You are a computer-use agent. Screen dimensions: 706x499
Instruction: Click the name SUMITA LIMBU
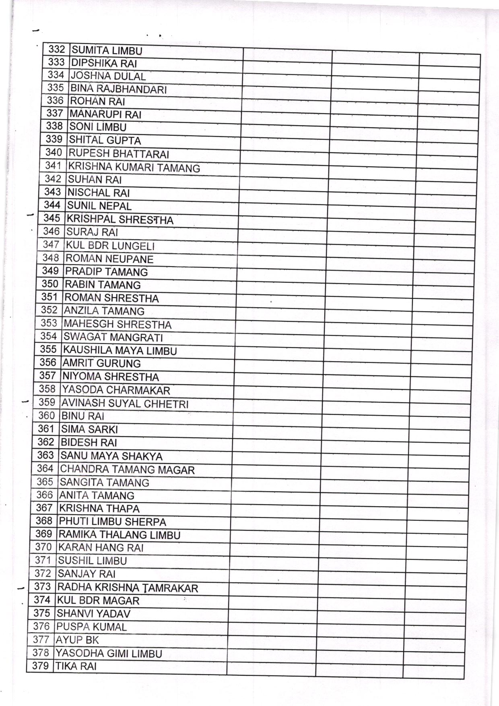pyautogui.click(x=107, y=51)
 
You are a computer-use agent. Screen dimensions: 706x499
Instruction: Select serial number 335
pyautogui.click(x=56, y=87)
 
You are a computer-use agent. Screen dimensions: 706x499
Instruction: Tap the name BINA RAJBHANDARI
pyautogui.click(x=118, y=89)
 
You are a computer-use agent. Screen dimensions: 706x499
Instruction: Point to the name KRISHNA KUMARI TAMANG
pyautogui.click(x=134, y=168)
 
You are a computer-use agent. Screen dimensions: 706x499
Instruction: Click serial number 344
pyautogui.click(x=52, y=205)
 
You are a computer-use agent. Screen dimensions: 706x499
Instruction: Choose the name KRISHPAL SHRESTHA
pyautogui.click(x=120, y=219)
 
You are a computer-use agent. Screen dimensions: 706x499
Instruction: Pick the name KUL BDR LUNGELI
pyautogui.click(x=110, y=246)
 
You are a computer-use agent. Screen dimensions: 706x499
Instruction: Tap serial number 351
pyautogui.click(x=50, y=297)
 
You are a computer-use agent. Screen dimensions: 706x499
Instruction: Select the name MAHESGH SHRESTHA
pyautogui.click(x=118, y=324)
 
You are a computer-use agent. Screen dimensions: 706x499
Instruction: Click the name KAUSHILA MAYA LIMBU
pyautogui.click(x=120, y=350)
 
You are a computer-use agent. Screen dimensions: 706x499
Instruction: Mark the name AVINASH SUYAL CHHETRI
pyautogui.click(x=125, y=404)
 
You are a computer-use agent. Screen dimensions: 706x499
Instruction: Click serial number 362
pyautogui.click(x=45, y=442)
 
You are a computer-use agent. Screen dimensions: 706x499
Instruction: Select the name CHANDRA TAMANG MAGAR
pyautogui.click(x=127, y=470)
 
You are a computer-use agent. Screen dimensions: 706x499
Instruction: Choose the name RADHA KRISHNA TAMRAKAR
pyautogui.click(x=128, y=588)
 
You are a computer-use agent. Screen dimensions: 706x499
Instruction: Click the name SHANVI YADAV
pyautogui.click(x=93, y=614)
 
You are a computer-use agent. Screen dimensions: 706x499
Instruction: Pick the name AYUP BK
pyautogui.click(x=77, y=640)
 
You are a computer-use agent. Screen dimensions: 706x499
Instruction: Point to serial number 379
pyautogui.click(x=40, y=666)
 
